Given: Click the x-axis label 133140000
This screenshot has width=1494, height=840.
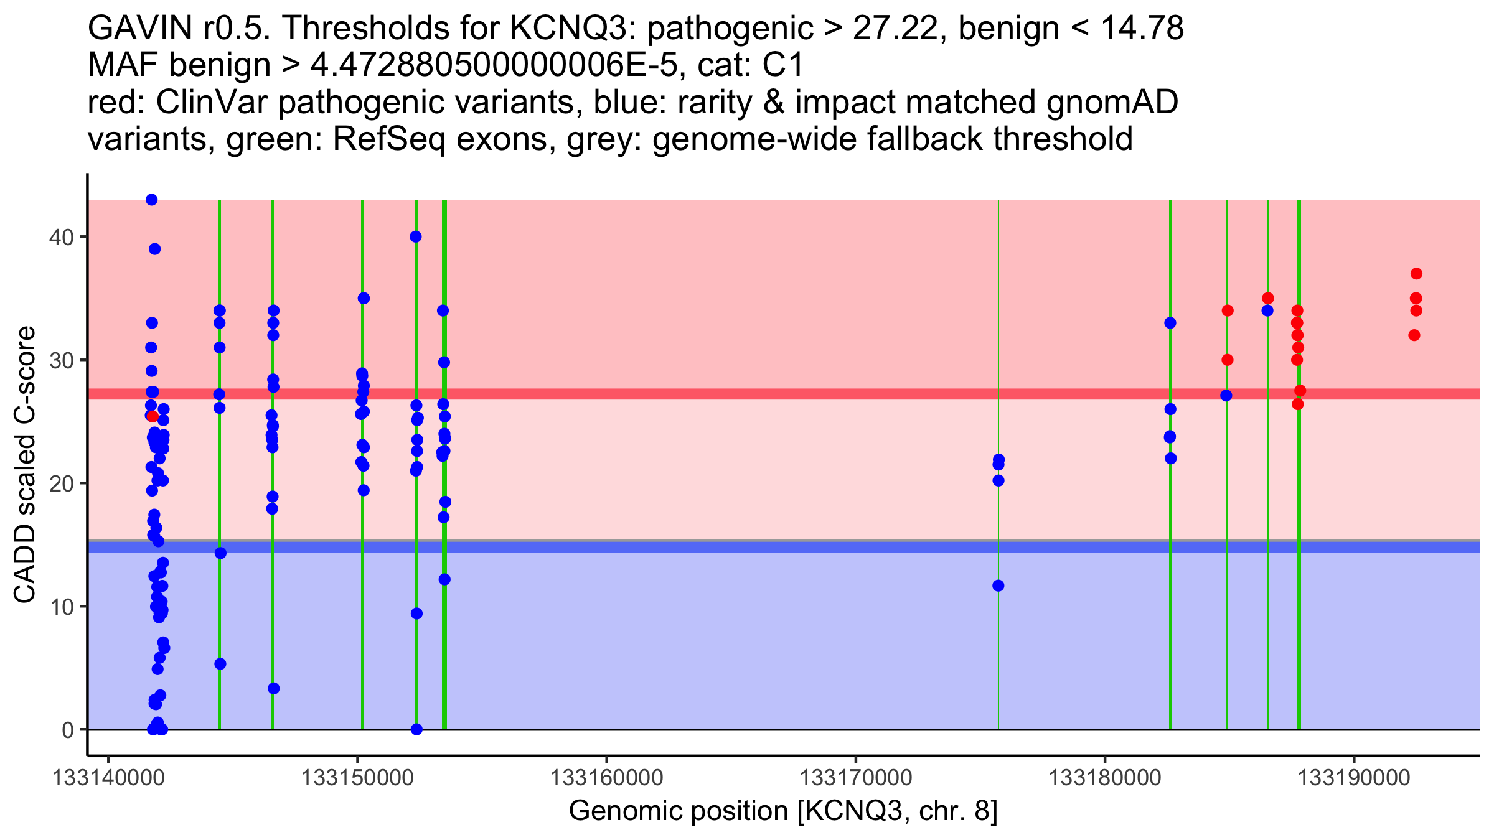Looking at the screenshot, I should coord(108,778).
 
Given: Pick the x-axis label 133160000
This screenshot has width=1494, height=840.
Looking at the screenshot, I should coord(606,778).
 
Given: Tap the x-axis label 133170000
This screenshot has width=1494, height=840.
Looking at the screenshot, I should coord(855,778).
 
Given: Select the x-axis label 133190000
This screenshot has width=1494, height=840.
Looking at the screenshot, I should coord(1353,778).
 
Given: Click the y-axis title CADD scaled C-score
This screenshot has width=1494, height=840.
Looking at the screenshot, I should coord(25,465).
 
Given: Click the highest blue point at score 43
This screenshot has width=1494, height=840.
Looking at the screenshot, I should coord(151,200).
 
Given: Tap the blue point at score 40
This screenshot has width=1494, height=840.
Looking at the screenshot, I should coord(416,236).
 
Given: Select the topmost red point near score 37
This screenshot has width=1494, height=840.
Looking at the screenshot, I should coord(1416,274).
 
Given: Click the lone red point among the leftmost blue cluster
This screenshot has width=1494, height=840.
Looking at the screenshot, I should coord(153,416).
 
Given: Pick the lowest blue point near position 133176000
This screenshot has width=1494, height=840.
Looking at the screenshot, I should coord(998,586).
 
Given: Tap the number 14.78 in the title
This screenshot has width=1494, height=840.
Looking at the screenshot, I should coord(1141,28).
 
